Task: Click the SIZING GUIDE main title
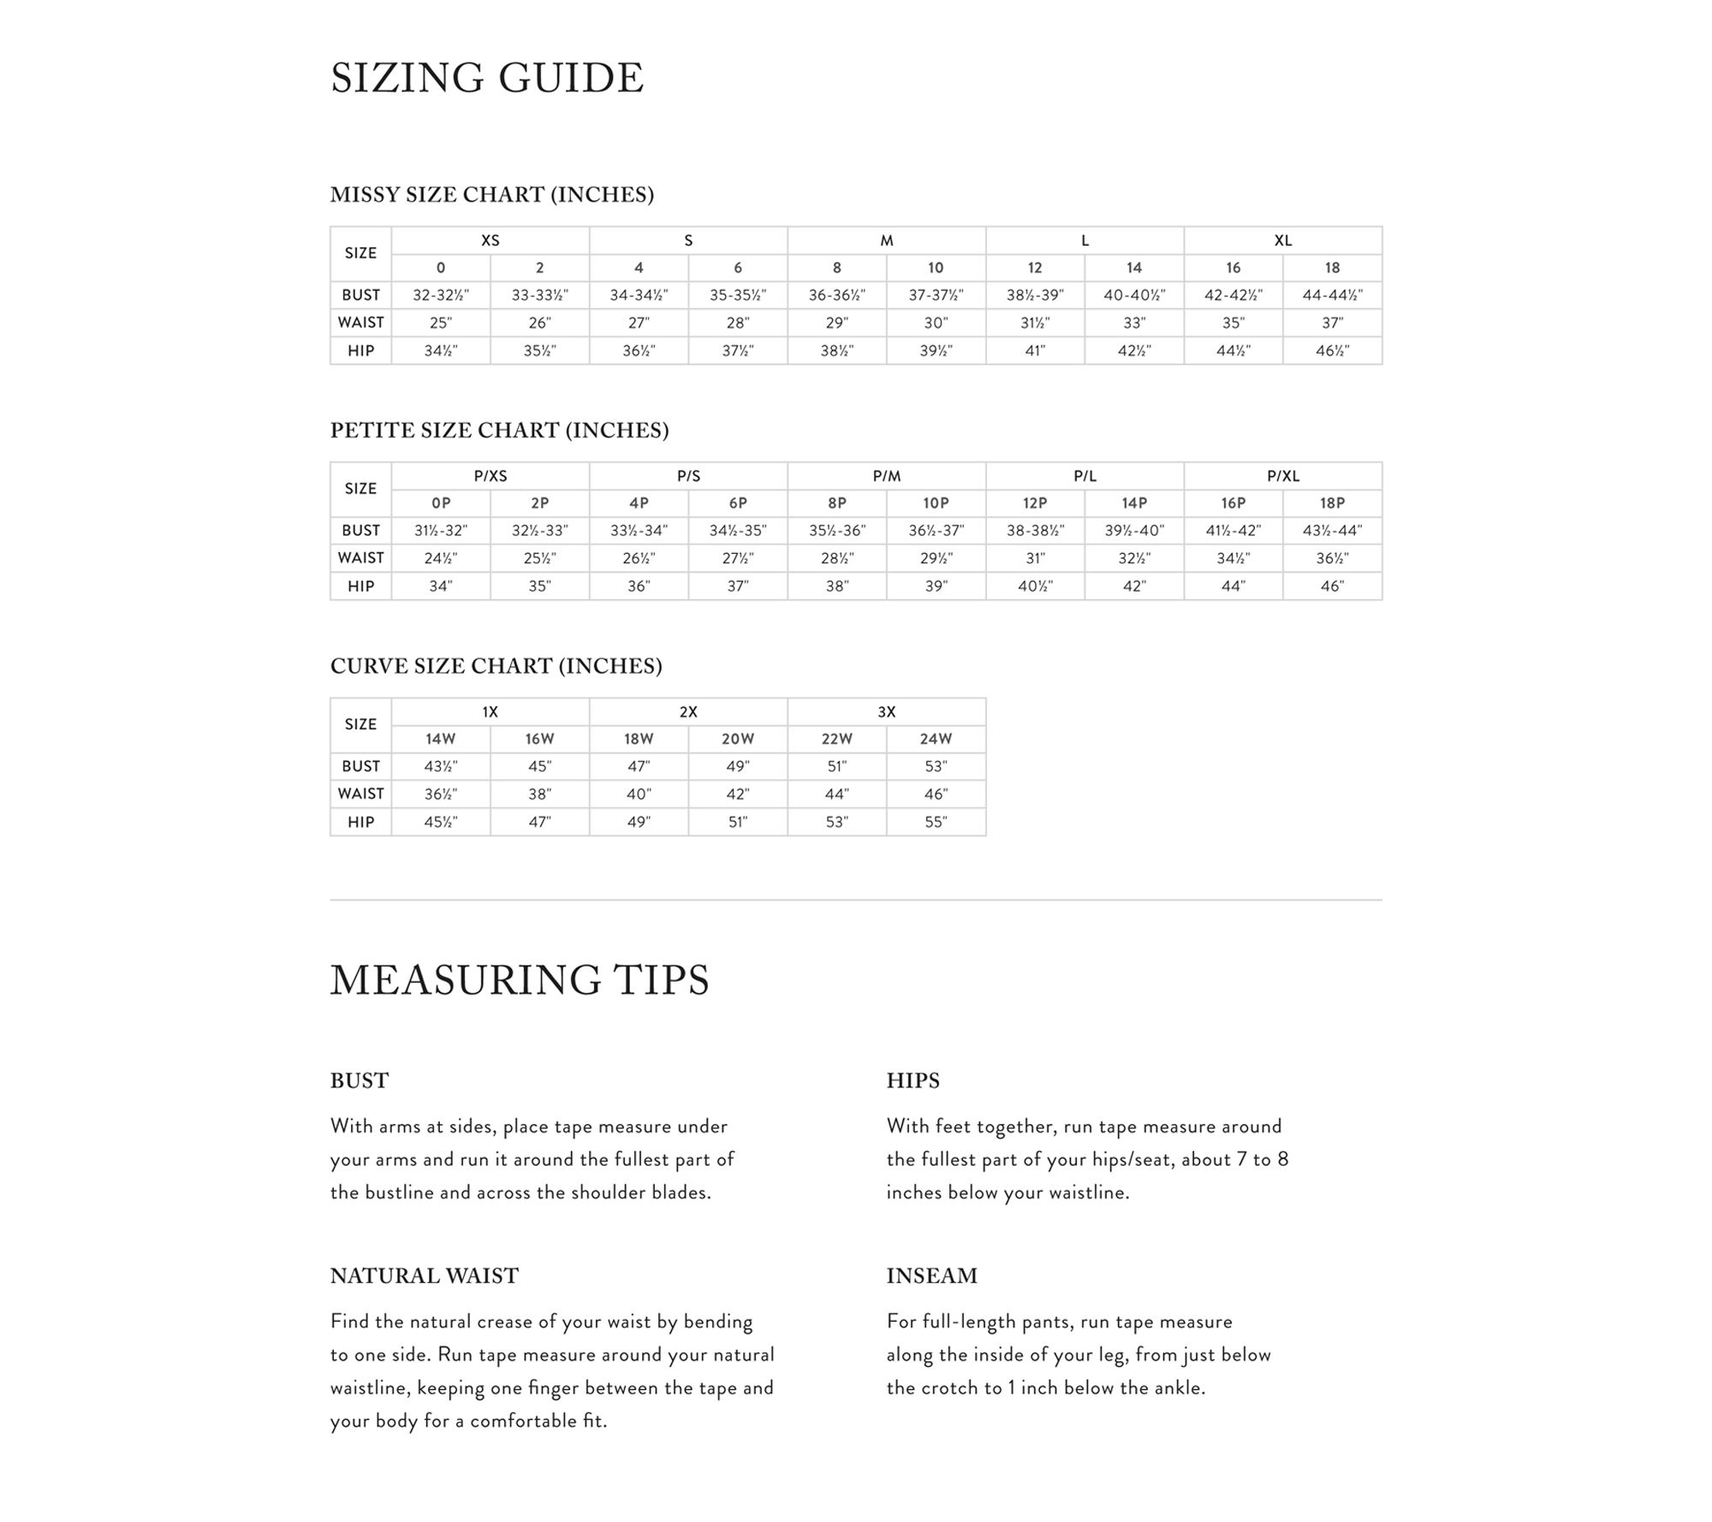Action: (486, 78)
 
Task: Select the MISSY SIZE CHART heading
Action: (491, 195)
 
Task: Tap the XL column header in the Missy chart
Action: (1282, 241)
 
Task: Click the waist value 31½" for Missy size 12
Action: (1035, 323)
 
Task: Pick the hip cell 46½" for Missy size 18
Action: (1332, 350)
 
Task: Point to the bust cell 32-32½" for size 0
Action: (441, 295)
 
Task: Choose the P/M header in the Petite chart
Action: (886, 476)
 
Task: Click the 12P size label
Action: (1035, 503)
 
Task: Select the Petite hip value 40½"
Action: (1035, 586)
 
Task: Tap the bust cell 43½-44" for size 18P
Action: (1332, 531)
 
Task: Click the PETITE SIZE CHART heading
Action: (499, 431)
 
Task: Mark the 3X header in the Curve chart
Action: (886, 712)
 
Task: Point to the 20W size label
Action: (737, 739)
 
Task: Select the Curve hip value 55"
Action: (936, 822)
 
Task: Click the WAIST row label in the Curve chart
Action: (360, 794)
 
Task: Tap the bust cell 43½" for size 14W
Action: (441, 766)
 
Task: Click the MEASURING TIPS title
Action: (520, 980)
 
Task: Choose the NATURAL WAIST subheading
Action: (424, 1275)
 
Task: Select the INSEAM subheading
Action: (931, 1275)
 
